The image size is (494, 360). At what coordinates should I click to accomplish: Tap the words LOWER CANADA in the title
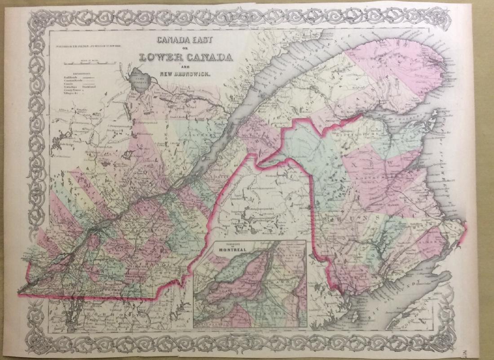pyautogui.click(x=186, y=58)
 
